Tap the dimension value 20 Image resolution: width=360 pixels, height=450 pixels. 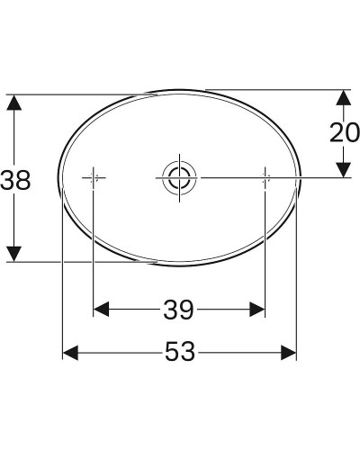pos(343,132)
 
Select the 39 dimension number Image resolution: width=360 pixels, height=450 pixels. pos(178,310)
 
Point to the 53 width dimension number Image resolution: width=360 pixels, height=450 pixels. pos(179,354)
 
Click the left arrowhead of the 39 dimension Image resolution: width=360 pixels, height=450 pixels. pos(102,310)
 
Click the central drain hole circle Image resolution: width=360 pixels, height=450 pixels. pos(178,177)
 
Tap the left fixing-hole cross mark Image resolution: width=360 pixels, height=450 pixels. pos(94,177)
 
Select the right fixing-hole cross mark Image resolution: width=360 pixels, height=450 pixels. pos(265,177)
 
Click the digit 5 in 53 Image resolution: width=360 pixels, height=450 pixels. pos(170,354)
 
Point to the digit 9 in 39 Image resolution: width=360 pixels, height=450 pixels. pos(187,310)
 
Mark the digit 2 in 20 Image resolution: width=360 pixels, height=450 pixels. pos(336,132)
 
